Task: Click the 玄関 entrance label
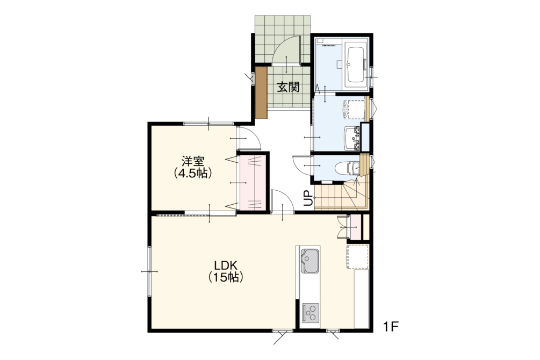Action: (288, 87)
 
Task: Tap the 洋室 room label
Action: (193, 161)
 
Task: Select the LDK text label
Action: (226, 265)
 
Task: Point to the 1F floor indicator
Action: (391, 326)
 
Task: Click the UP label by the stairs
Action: (309, 198)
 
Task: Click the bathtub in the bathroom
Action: (356, 65)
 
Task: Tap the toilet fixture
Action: (347, 168)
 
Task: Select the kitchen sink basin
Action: (309, 261)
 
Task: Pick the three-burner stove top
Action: (311, 313)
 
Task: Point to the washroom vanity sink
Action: (352, 138)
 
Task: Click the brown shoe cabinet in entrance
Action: (261, 92)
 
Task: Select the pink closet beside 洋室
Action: (253, 182)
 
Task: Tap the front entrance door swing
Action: (286, 49)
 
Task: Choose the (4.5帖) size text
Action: (193, 173)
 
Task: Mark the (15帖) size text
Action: (226, 277)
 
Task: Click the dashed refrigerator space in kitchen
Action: (357, 257)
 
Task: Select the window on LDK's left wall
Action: (150, 271)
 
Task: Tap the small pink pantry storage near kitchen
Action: (355, 227)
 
